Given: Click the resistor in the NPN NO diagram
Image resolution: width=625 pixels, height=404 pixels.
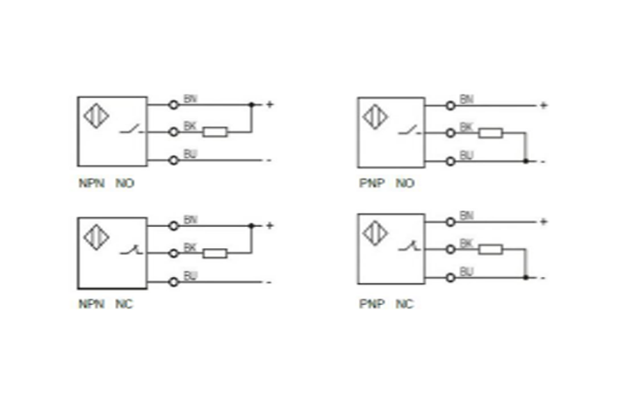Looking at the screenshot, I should pyautogui.click(x=215, y=132).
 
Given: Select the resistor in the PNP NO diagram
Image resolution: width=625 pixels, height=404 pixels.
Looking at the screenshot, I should pyautogui.click(x=491, y=133).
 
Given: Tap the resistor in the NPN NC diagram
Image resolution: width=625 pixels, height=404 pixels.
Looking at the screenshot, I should pyautogui.click(x=215, y=253).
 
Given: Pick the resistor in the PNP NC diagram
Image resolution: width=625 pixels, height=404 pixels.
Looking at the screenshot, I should pyautogui.click(x=491, y=249).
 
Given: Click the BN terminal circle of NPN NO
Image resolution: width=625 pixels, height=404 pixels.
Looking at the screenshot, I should pyautogui.click(x=174, y=104).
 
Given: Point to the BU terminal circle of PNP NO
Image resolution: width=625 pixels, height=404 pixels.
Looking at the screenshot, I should pyautogui.click(x=450, y=160).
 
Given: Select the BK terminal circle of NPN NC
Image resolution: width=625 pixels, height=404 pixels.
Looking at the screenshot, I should pyautogui.click(x=174, y=253).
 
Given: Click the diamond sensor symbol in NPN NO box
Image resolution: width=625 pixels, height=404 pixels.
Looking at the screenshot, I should pyautogui.click(x=96, y=117).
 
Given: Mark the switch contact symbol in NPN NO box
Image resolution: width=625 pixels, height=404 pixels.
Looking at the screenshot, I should pyautogui.click(x=129, y=131).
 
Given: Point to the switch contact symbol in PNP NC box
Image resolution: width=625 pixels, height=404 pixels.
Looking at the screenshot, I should pyautogui.click(x=406, y=250).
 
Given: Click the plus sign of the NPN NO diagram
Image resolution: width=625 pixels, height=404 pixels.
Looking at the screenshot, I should pyautogui.click(x=269, y=105).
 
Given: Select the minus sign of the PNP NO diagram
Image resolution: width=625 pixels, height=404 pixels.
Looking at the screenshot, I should pyautogui.click(x=543, y=161).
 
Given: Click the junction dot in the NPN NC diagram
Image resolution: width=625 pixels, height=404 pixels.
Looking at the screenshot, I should pyautogui.click(x=251, y=226).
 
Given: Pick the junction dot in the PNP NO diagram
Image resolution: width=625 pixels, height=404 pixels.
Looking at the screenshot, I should pyautogui.click(x=525, y=160).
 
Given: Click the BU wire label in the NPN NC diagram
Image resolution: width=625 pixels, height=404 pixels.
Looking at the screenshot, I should pyautogui.click(x=190, y=275).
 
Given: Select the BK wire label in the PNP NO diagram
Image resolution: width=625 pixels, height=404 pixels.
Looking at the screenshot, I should pyautogui.click(x=466, y=127).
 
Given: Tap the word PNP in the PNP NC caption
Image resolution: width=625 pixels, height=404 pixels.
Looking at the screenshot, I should pyautogui.click(x=368, y=304).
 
